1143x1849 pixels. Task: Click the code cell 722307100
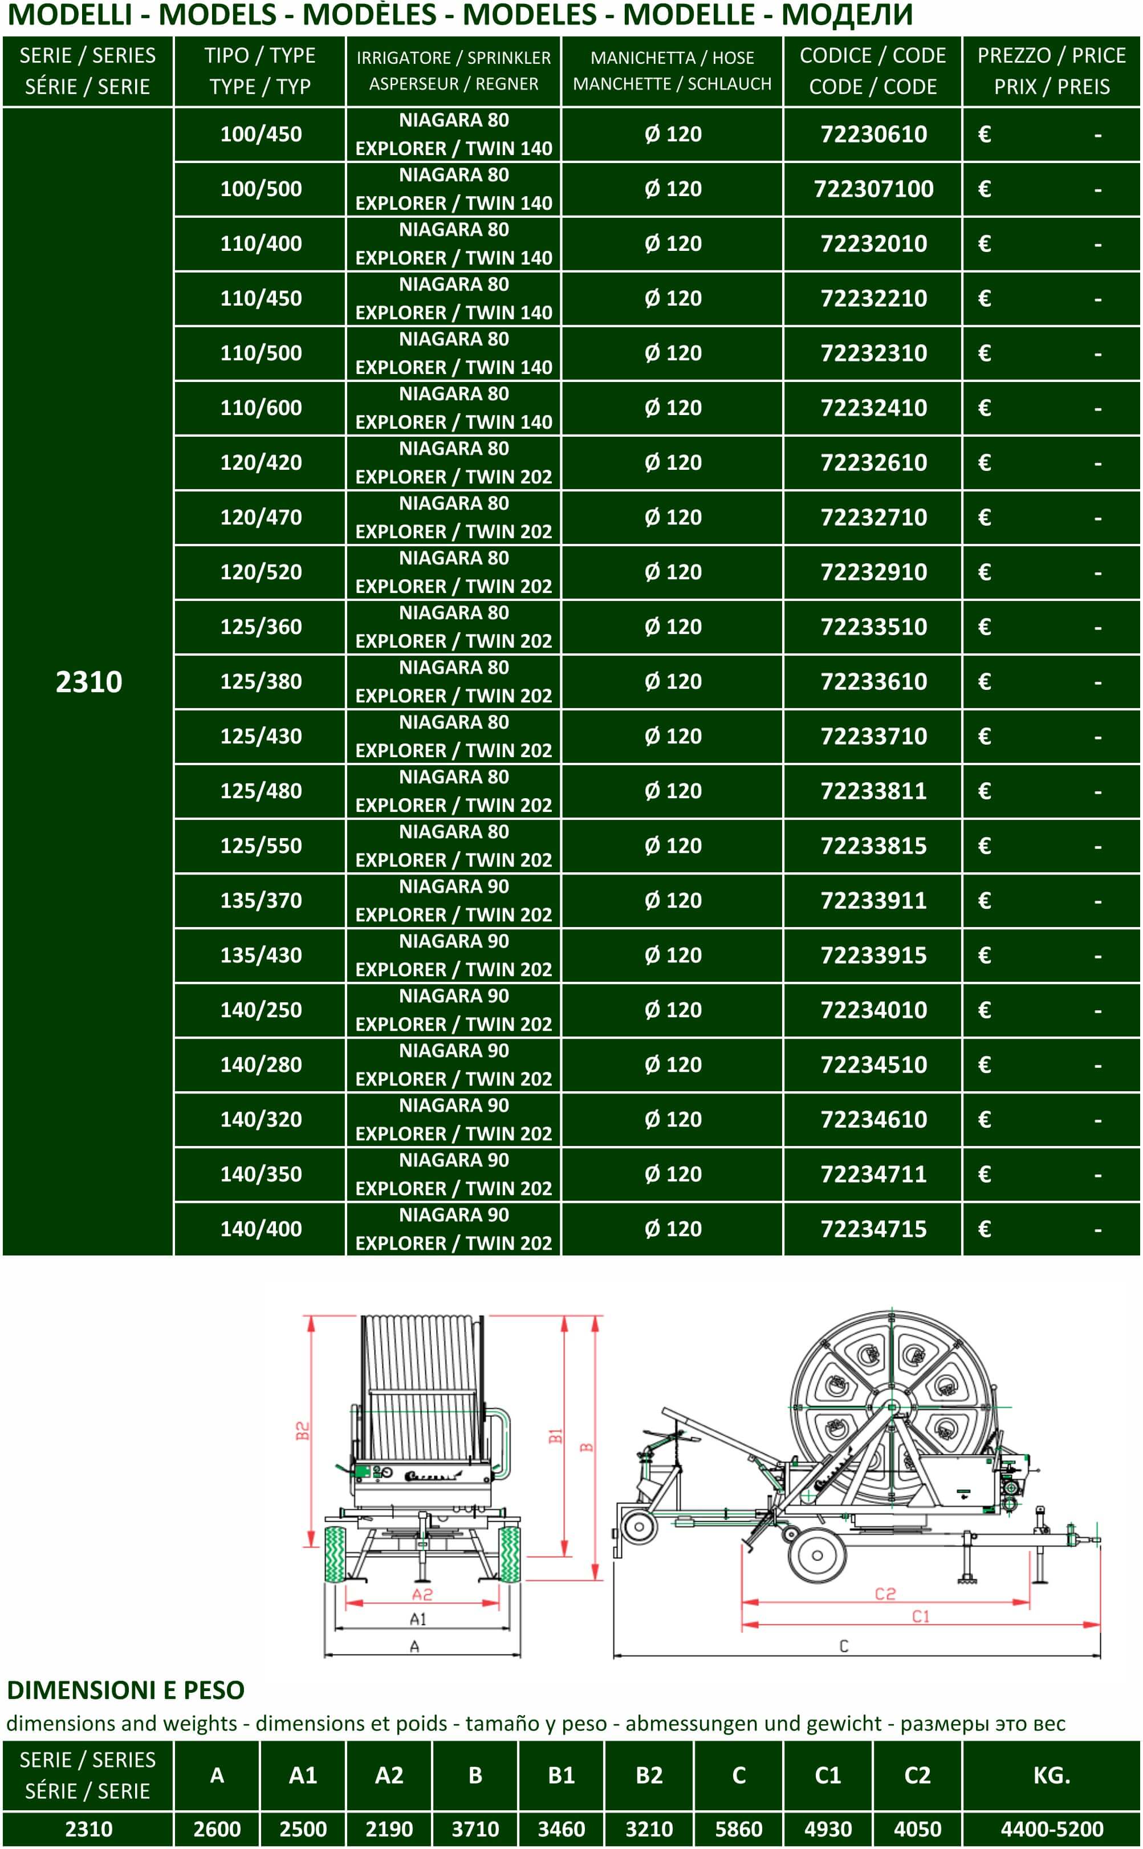pyautogui.click(x=873, y=189)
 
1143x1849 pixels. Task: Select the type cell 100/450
pyautogui.click(x=261, y=135)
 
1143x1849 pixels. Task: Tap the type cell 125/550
pyautogui.click(x=261, y=846)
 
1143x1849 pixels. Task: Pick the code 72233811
pyautogui.click(x=873, y=791)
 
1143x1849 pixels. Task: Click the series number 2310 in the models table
pyautogui.click(x=88, y=682)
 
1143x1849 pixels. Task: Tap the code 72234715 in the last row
pyautogui.click(x=873, y=1229)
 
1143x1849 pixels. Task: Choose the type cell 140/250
pyautogui.click(x=261, y=1010)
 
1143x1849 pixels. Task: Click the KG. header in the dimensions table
pyautogui.click(x=1051, y=1775)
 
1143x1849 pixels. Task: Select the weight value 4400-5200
pyautogui.click(x=1051, y=1830)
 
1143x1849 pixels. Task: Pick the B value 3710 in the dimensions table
pyautogui.click(x=475, y=1830)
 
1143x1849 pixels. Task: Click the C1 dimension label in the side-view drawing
pyautogui.click(x=920, y=1617)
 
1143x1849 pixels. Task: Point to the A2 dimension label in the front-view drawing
pyautogui.click(x=422, y=1595)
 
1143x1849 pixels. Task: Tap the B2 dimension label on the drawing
pyautogui.click(x=302, y=1430)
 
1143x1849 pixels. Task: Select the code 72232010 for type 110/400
pyautogui.click(x=873, y=244)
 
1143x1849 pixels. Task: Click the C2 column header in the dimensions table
pyautogui.click(x=917, y=1775)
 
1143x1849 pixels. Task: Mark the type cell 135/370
pyautogui.click(x=261, y=900)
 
